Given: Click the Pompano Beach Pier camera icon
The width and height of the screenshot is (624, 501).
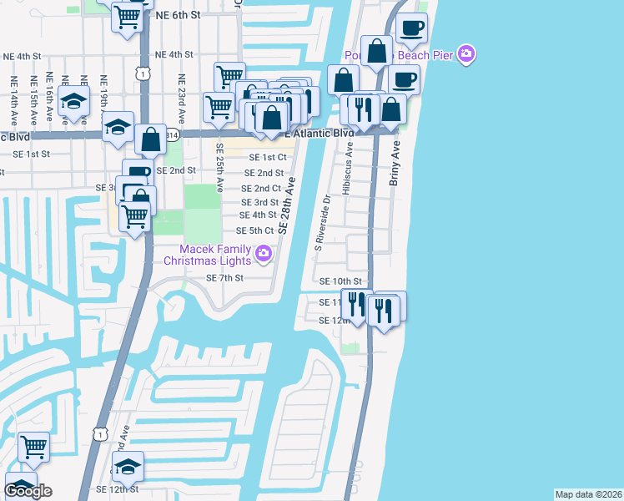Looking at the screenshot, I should pyautogui.click(x=466, y=54).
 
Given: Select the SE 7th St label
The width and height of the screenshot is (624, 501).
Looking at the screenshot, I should pyautogui.click(x=224, y=278).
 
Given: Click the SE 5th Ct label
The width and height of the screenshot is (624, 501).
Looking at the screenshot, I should pyautogui.click(x=255, y=230).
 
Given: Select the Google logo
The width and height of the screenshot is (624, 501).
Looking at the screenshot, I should pyautogui.click(x=28, y=491).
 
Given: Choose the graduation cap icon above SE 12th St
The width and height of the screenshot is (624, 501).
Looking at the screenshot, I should pyautogui.click(x=128, y=465).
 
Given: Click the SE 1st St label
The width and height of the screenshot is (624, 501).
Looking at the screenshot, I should pyautogui.click(x=32, y=154).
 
